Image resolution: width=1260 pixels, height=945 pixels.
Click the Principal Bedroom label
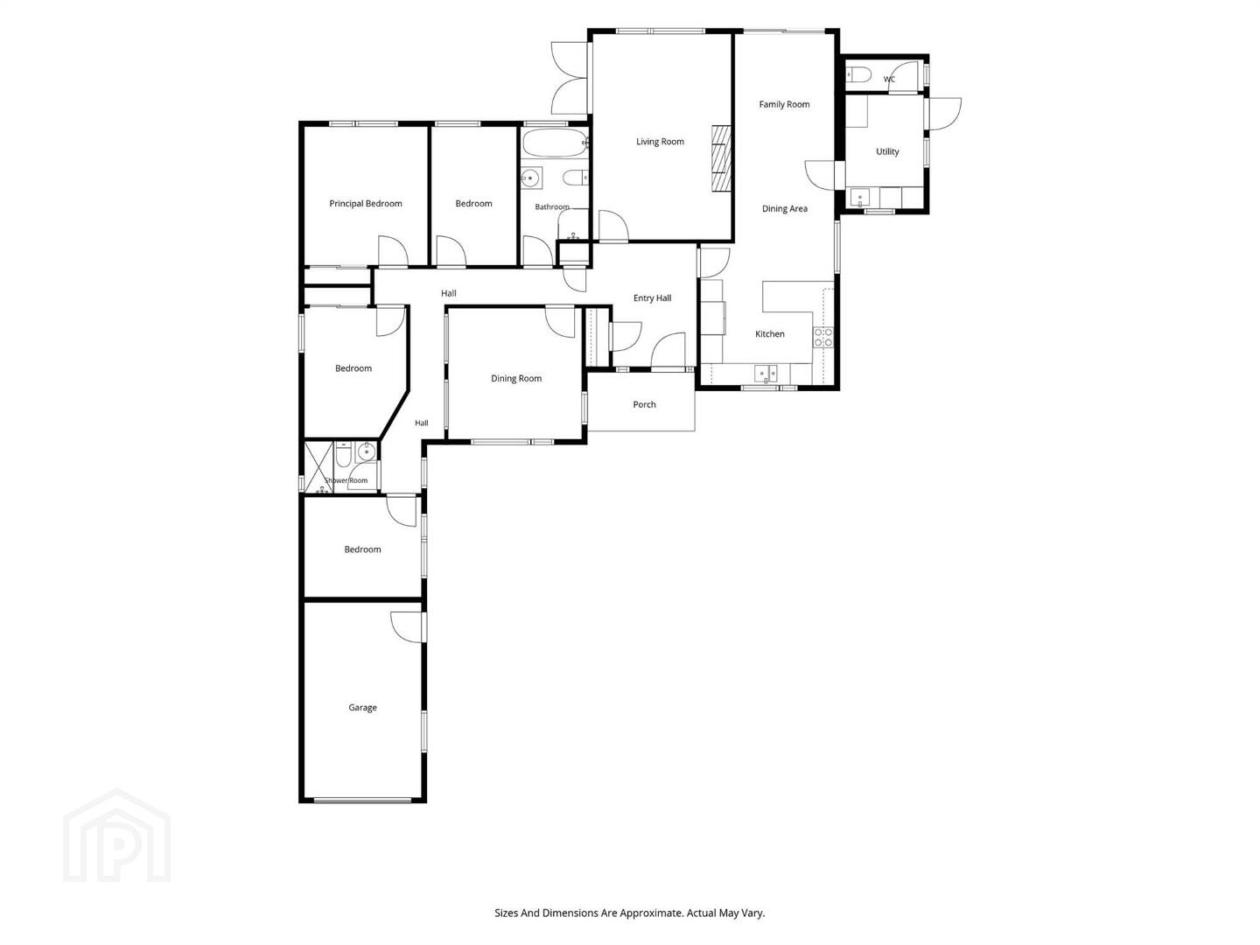click(365, 204)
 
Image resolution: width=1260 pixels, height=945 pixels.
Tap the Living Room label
click(660, 142)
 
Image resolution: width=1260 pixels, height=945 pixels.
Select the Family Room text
click(784, 104)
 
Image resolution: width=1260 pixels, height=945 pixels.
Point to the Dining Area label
click(784, 209)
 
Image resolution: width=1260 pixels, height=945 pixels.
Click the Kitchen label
click(769, 334)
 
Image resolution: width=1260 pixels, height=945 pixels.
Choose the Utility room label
click(887, 151)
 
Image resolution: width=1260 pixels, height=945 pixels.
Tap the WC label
click(889, 79)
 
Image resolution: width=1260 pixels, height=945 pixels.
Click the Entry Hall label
click(652, 298)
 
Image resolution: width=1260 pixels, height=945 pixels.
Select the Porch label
click(644, 404)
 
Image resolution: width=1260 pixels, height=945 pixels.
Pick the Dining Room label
click(516, 379)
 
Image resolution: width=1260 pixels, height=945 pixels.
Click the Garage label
click(362, 708)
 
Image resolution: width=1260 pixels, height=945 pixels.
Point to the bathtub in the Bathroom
click(554, 143)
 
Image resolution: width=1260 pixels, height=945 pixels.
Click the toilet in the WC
click(858, 74)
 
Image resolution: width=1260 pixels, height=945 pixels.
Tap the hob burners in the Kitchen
click(822, 338)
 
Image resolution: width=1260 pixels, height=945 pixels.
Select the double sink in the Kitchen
click(765, 374)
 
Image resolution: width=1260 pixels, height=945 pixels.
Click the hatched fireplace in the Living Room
click(721, 158)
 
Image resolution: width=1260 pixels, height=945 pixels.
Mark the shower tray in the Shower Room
click(318, 467)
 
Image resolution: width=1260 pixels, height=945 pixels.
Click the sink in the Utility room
click(859, 197)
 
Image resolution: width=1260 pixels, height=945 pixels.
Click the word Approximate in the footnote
click(654, 913)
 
